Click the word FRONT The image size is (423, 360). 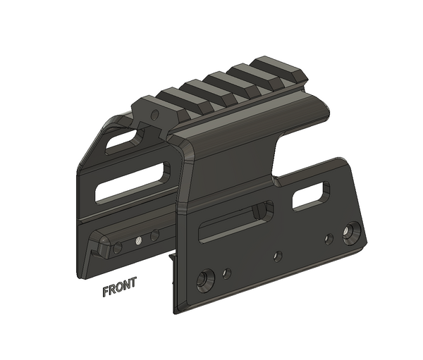119,290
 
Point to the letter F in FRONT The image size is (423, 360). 106,290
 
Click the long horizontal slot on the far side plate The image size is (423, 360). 132,182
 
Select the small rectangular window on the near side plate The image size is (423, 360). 310,196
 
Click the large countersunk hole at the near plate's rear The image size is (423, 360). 351,231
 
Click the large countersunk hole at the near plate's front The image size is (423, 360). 204,280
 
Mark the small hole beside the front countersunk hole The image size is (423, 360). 226,273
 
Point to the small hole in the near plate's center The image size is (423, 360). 278,256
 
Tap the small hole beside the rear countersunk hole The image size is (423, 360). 329,239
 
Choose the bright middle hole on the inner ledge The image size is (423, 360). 139,240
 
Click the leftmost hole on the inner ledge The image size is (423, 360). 118,248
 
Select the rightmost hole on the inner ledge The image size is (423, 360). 154,235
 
